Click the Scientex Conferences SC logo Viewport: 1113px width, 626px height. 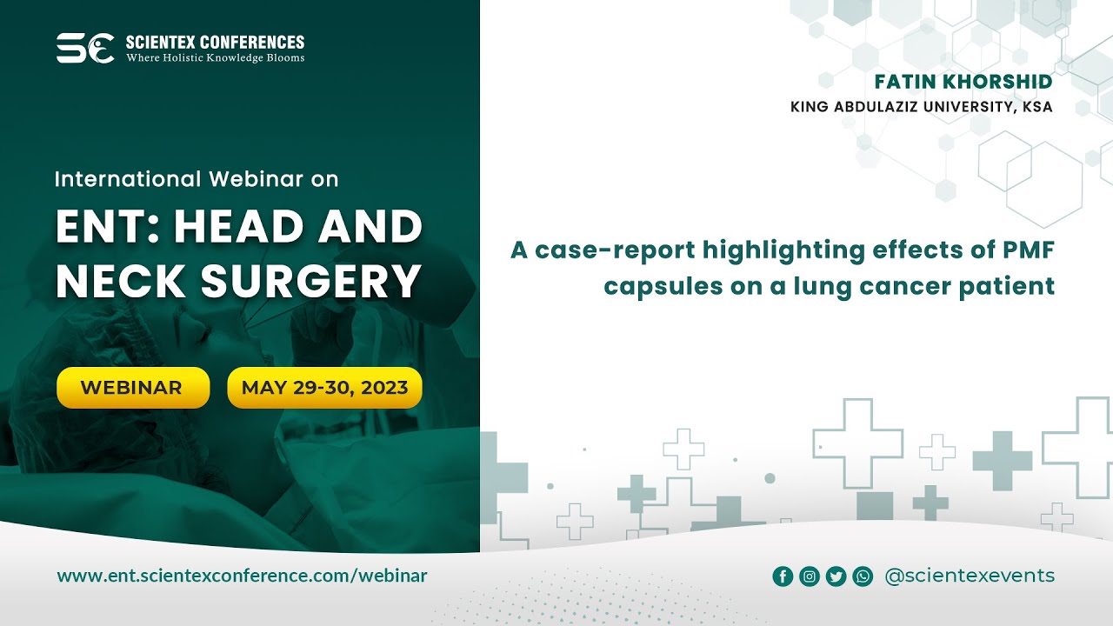[85, 48]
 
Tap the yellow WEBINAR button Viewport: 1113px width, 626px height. [133, 388]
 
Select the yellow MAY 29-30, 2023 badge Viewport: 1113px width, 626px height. [324, 388]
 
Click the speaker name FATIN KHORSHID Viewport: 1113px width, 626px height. [963, 82]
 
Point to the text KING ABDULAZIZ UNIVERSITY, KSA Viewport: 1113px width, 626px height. [921, 107]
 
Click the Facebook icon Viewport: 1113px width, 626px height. [783, 576]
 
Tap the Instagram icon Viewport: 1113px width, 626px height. [810, 576]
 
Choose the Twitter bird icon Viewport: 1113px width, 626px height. [836, 576]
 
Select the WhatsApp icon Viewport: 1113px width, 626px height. [863, 576]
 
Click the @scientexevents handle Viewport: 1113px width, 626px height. [969, 576]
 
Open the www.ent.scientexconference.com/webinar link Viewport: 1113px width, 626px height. [242, 576]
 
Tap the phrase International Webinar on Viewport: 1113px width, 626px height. [197, 179]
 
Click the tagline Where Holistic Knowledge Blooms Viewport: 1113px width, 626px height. [216, 58]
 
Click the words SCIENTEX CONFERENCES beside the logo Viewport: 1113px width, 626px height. [216, 42]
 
